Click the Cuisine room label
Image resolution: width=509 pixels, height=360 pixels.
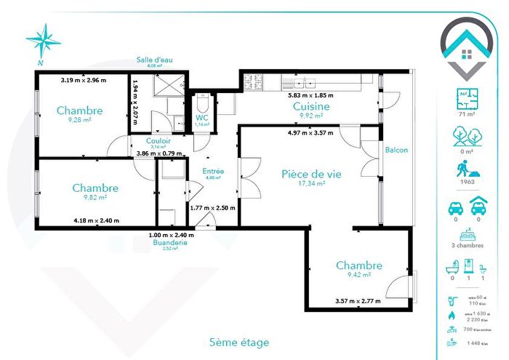click(x=311, y=107)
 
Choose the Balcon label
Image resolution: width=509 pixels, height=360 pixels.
click(x=396, y=151)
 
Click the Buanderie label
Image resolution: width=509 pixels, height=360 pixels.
click(x=172, y=242)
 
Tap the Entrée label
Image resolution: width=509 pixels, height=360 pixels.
click(x=213, y=171)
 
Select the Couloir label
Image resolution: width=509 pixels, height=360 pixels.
click(x=159, y=141)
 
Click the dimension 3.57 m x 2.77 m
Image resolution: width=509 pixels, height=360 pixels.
click(x=358, y=300)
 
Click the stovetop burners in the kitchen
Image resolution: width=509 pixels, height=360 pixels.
click(x=254, y=79)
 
